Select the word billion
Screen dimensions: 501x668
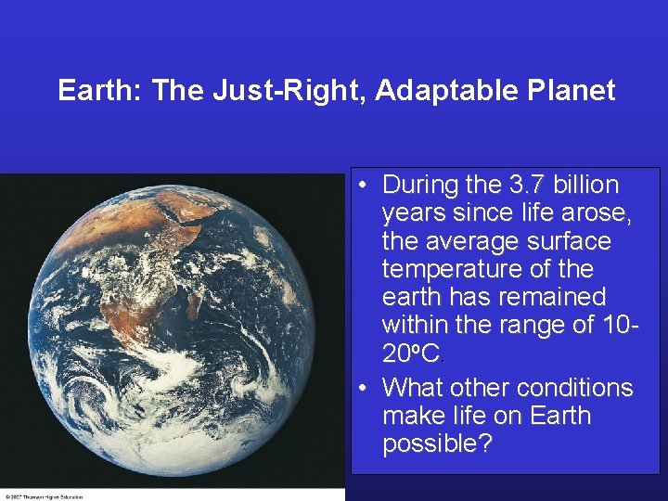(585, 185)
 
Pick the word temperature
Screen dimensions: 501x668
(453, 269)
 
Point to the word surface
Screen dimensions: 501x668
(571, 241)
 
